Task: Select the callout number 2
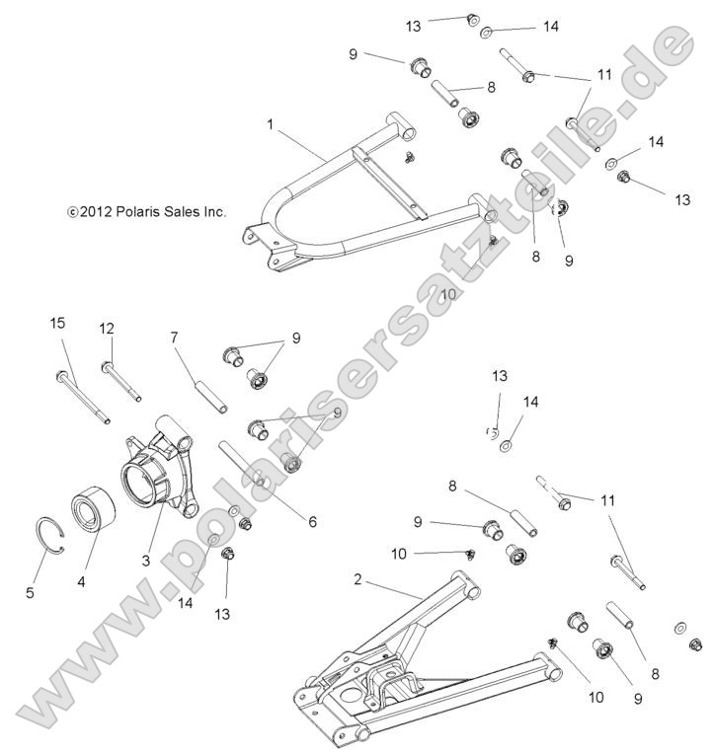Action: click(x=357, y=580)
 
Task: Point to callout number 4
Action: click(x=82, y=581)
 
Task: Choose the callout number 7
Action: click(x=174, y=338)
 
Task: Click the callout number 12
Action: click(x=107, y=328)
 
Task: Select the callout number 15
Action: click(x=58, y=323)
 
